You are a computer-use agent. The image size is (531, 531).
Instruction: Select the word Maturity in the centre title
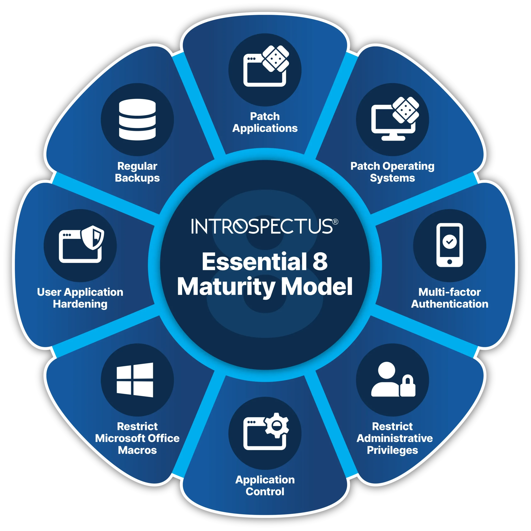(226, 287)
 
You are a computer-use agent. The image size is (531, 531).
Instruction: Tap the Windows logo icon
(135, 380)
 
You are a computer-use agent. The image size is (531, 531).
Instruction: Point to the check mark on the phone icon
(449, 242)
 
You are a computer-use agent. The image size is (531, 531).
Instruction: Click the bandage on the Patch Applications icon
(275, 58)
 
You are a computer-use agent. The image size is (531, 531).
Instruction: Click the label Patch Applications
(265, 122)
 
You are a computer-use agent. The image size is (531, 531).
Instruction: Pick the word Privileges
(392, 450)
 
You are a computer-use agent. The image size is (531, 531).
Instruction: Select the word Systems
(392, 178)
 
